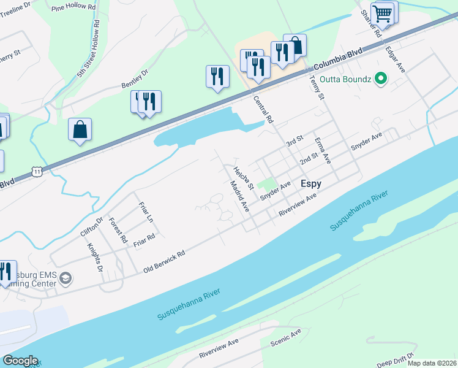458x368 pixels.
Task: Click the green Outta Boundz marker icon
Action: [x=381, y=79]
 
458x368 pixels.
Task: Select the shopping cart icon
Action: [x=382, y=13]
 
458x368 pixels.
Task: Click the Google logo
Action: [x=20, y=361]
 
